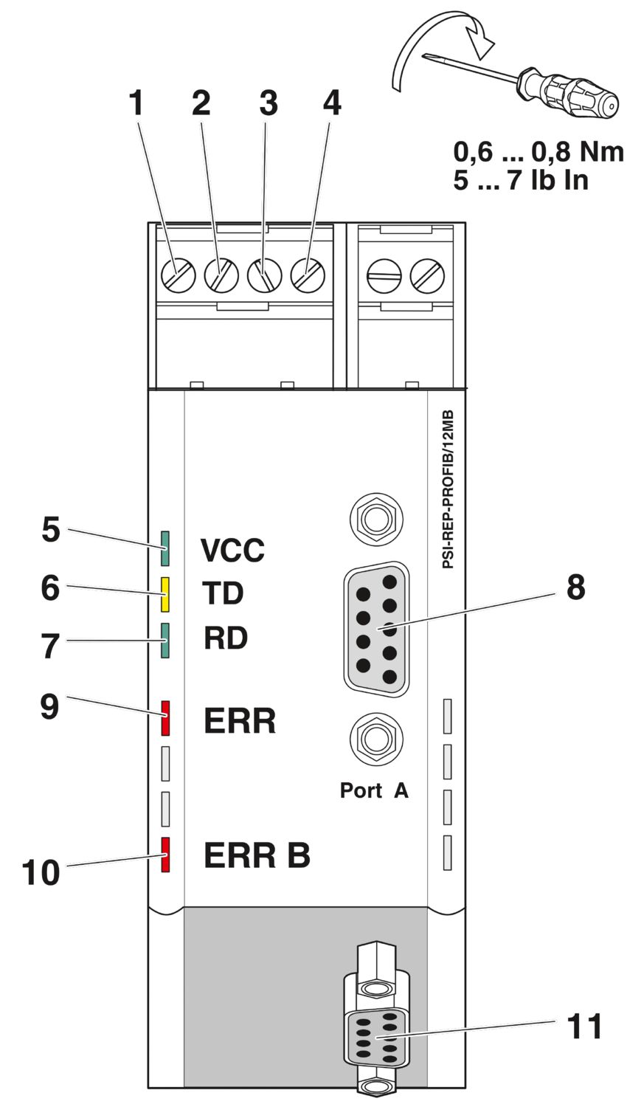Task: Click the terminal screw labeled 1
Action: (178, 277)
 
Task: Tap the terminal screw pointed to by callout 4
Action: (308, 277)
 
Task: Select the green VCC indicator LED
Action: (166, 550)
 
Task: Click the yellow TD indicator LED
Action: (166, 594)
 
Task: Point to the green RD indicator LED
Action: (166, 639)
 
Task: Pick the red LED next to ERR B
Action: (166, 855)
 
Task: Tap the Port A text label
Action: (373, 790)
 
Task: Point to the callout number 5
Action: (50, 530)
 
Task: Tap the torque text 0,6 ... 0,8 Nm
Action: (539, 151)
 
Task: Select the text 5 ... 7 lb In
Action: (521, 179)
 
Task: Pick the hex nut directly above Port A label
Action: (375, 738)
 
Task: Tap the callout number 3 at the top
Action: (269, 103)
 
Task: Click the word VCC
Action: (232, 551)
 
